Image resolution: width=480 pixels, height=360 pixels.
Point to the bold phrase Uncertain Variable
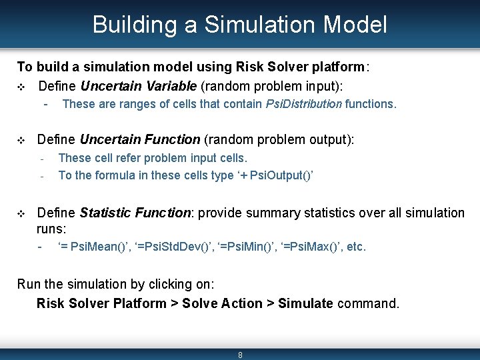click(138, 86)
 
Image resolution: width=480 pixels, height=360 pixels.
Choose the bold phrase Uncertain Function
click(139, 139)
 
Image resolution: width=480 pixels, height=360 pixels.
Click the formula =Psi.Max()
click(308, 247)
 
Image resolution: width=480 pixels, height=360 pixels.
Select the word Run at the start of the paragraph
click(29, 285)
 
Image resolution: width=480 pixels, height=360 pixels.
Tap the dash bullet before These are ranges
click(45, 104)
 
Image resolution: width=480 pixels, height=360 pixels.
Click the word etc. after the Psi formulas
click(356, 247)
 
